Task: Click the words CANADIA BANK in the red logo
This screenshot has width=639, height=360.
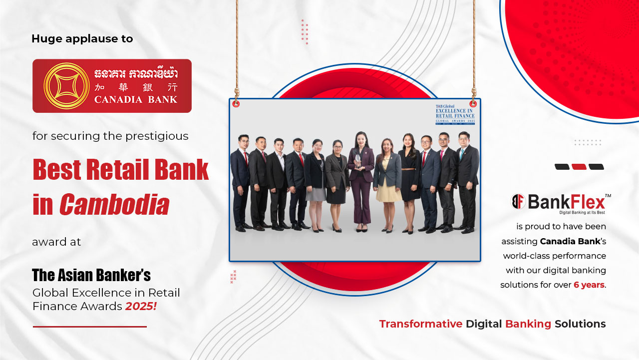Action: tap(135, 99)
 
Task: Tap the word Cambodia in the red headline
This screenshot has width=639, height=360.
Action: tap(114, 205)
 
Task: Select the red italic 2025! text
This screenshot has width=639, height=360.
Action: tap(141, 306)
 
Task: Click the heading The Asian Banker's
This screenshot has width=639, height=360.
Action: tap(91, 275)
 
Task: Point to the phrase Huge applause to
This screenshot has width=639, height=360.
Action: tap(82, 38)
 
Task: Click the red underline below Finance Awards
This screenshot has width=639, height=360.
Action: tap(90, 327)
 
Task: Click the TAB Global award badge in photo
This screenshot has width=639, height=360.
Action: tap(455, 114)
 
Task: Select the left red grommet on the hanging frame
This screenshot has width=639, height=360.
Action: tap(236, 104)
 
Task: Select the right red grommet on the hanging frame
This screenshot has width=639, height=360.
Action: tap(473, 104)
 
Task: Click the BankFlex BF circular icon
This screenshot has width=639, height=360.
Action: tap(519, 202)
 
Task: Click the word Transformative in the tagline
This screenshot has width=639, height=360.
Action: tap(420, 324)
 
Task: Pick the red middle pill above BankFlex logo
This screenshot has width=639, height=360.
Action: tap(579, 167)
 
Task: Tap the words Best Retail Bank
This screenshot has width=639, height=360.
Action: tap(121, 170)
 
